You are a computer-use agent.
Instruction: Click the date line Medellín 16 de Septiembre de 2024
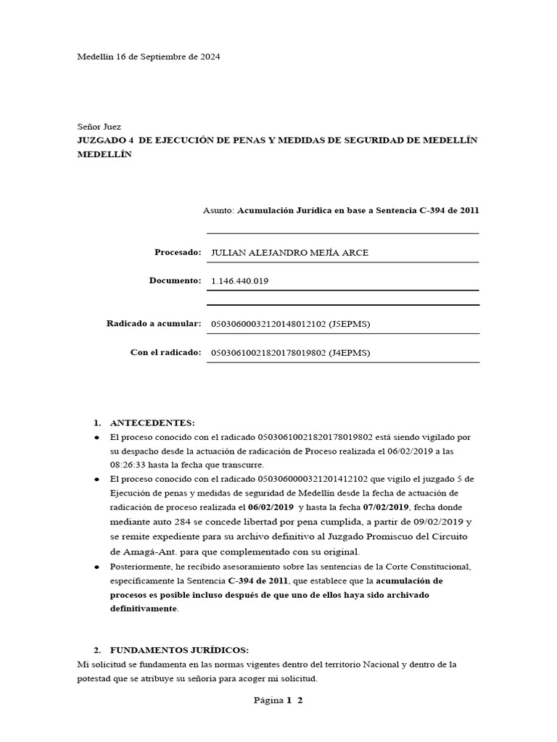click(149, 56)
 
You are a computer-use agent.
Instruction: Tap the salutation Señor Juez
click(99, 126)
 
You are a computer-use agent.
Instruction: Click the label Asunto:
click(219, 210)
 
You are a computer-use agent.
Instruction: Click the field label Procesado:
click(177, 252)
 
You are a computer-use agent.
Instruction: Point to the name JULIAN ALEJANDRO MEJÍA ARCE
click(289, 252)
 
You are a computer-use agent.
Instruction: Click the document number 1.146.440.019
click(239, 280)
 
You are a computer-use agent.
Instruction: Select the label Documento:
click(174, 280)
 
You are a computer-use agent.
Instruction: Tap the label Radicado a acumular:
click(153, 323)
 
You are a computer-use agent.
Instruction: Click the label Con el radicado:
click(165, 352)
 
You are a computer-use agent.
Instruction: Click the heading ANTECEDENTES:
click(152, 422)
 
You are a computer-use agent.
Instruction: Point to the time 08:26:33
click(130, 464)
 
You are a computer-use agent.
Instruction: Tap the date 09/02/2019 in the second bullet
click(437, 521)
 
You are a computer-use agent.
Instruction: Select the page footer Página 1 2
click(278, 700)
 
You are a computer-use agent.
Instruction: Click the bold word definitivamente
click(144, 609)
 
